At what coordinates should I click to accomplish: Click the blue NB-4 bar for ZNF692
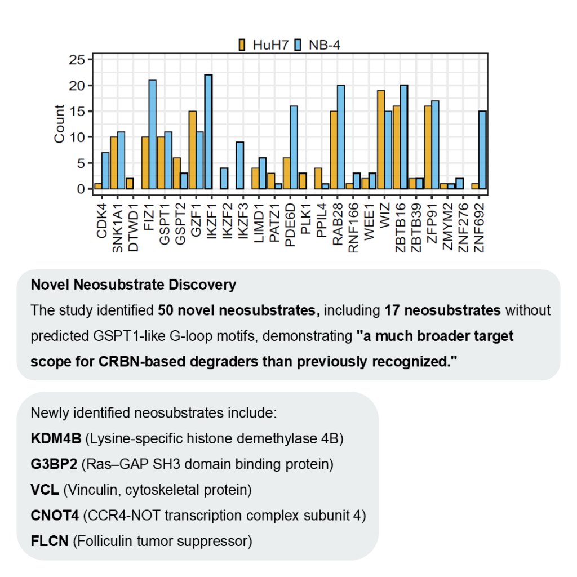[482, 150]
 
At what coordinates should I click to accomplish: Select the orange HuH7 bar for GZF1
[192, 150]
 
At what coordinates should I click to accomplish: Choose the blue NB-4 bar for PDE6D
[294, 147]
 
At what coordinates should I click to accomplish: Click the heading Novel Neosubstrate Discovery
[134, 285]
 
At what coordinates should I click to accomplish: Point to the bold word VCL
[45, 490]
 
